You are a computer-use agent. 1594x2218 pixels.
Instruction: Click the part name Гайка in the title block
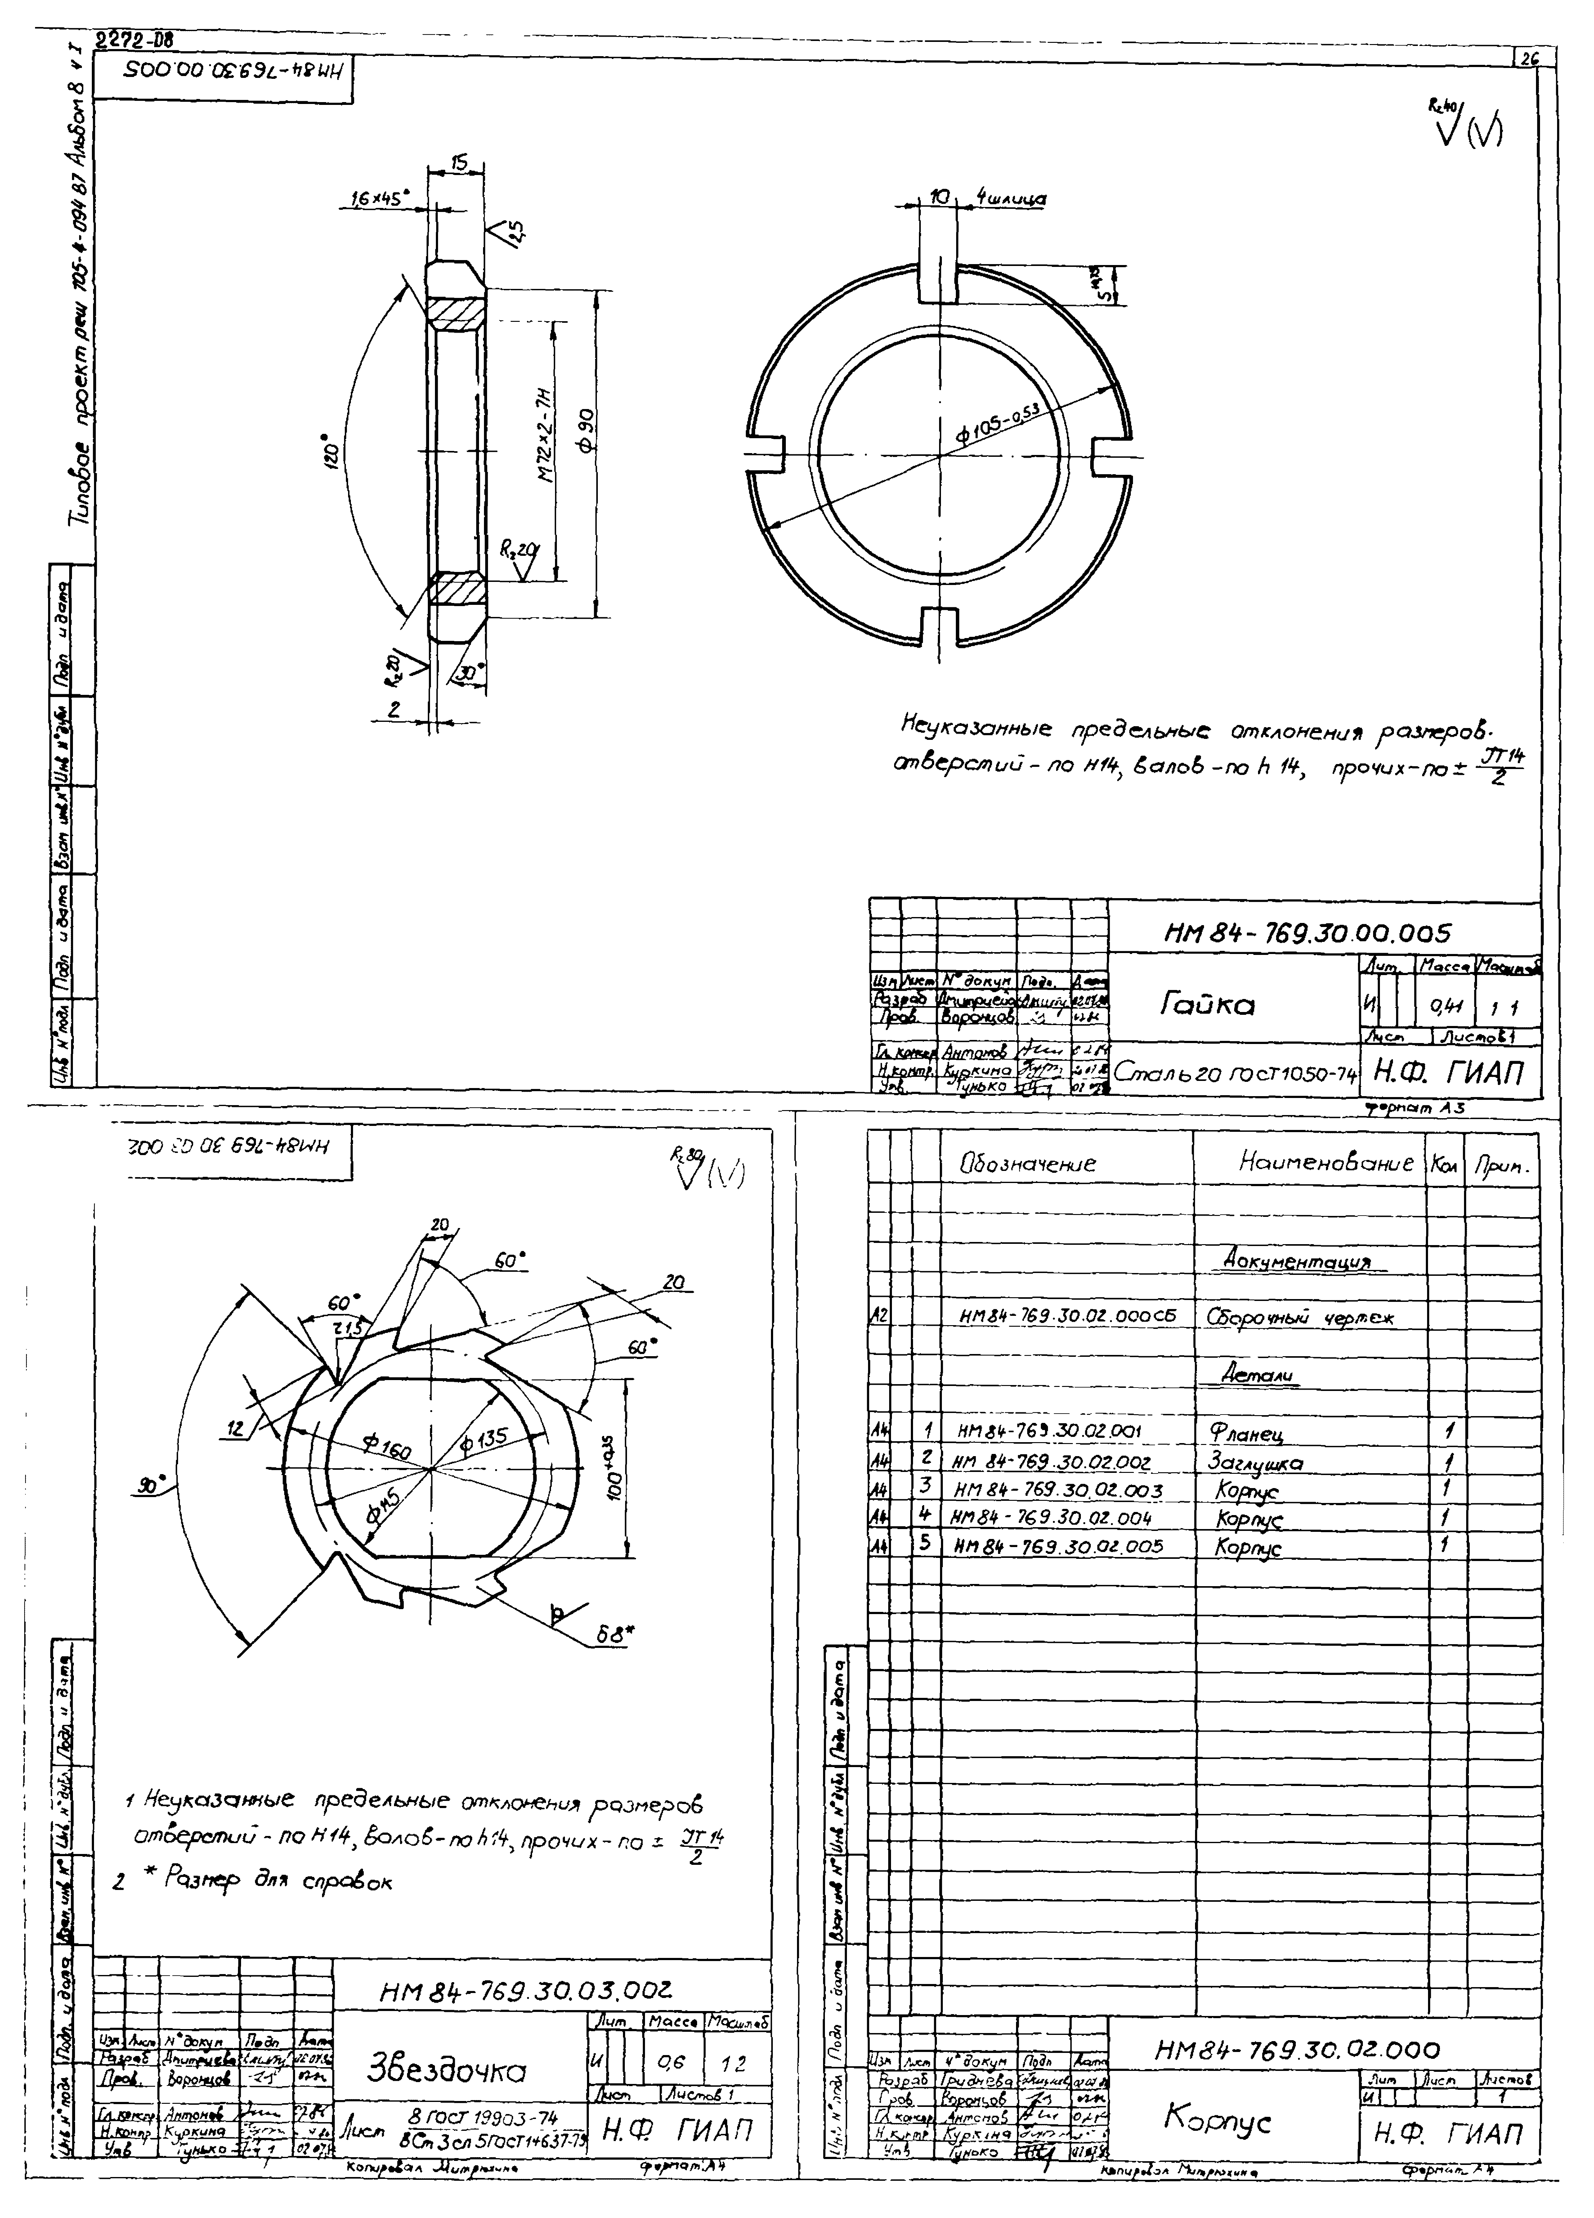pos(1208,1004)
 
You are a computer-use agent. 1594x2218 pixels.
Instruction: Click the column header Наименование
pos(1325,1162)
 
